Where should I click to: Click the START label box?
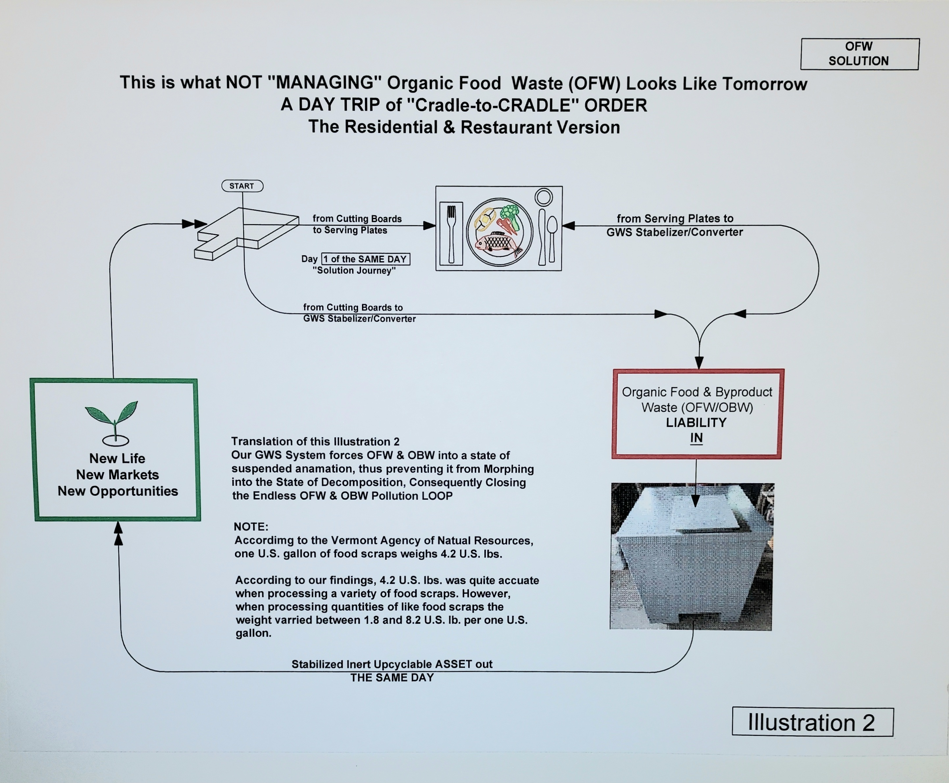[x=242, y=186]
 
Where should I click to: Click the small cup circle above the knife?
[x=544, y=197]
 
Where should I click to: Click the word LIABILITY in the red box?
[x=696, y=423]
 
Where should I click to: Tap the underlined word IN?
[x=696, y=438]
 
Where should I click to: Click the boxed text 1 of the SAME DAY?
[x=365, y=259]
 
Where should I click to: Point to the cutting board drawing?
[x=246, y=232]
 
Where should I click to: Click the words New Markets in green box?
[x=117, y=474]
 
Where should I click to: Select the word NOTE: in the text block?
[x=251, y=526]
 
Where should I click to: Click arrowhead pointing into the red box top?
[x=699, y=363]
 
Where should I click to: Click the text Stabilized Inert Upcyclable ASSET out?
[x=392, y=664]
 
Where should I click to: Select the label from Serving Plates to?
[x=675, y=219]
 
